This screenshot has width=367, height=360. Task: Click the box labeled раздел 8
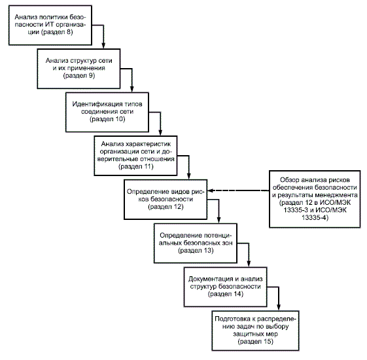(x=50, y=25)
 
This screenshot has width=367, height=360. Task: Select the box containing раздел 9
(x=79, y=69)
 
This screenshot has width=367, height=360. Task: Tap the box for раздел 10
(x=107, y=112)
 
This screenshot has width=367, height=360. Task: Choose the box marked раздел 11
(x=135, y=156)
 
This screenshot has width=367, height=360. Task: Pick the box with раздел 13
(x=196, y=243)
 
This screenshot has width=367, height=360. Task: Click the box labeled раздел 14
(x=226, y=287)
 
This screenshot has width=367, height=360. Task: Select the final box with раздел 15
(x=255, y=331)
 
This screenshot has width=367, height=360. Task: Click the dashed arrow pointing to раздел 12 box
(x=238, y=190)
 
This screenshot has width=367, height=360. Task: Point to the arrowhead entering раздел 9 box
(x=103, y=46)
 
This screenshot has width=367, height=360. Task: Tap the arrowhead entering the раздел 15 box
(x=279, y=308)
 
